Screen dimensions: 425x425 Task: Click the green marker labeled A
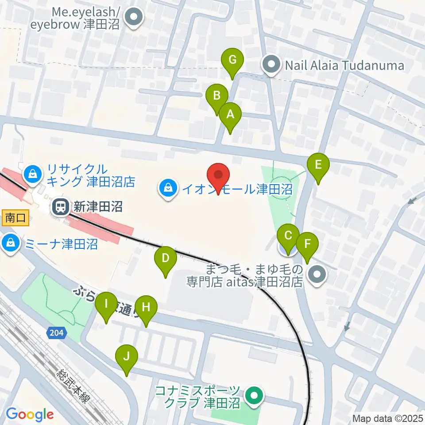pos(230,115)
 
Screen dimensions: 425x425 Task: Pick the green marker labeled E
pos(318,165)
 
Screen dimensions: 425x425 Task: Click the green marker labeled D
pos(165,258)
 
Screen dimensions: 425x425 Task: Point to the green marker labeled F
pos(307,244)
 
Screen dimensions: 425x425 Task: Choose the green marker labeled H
pos(146,307)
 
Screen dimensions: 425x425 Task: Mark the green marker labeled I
pos(106,304)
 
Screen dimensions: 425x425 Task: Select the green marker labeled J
pos(127,356)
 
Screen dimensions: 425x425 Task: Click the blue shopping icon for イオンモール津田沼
pos(168,189)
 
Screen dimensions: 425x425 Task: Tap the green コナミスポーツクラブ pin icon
pos(254,397)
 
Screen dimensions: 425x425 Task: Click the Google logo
pos(30,415)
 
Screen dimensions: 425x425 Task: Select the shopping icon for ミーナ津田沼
pos(10,243)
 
